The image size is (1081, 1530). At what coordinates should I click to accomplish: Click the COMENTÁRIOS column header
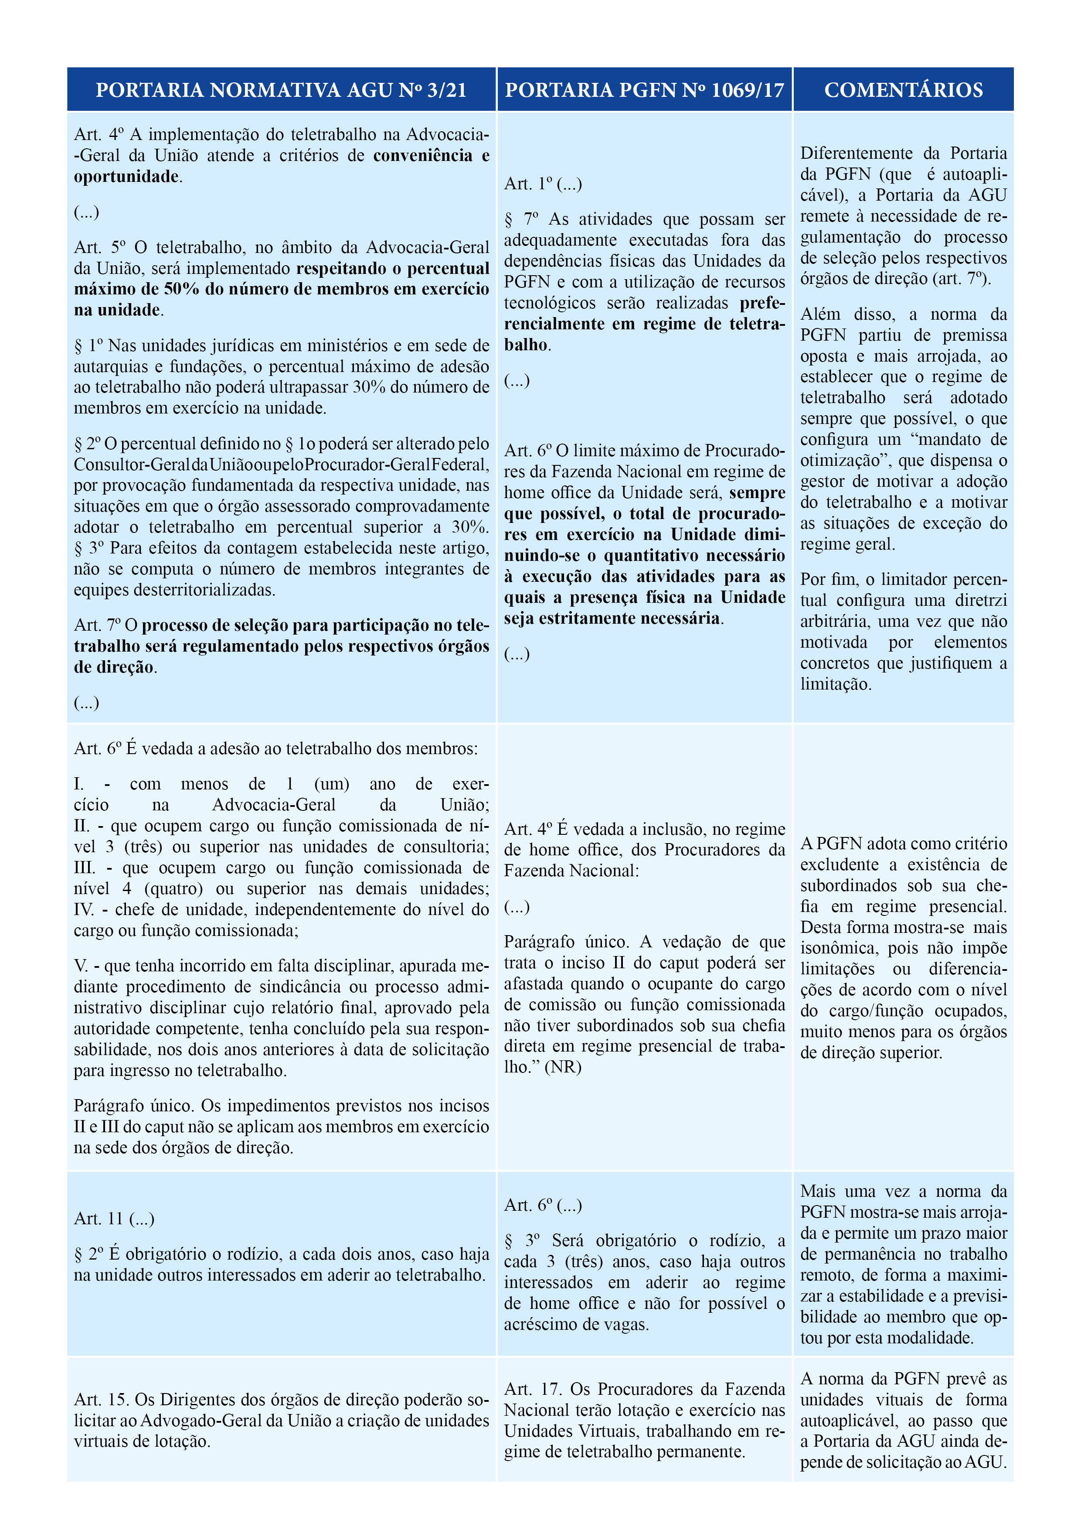903,90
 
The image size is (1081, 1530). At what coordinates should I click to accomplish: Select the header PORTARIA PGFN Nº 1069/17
644,90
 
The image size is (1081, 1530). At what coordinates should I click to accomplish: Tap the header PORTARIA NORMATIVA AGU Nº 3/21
281,90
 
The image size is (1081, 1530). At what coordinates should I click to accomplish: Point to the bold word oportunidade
126,177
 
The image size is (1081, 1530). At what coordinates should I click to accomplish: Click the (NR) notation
563,1067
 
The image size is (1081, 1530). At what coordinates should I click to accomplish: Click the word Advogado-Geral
203,1420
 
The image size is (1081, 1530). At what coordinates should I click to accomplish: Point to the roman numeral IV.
85,910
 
